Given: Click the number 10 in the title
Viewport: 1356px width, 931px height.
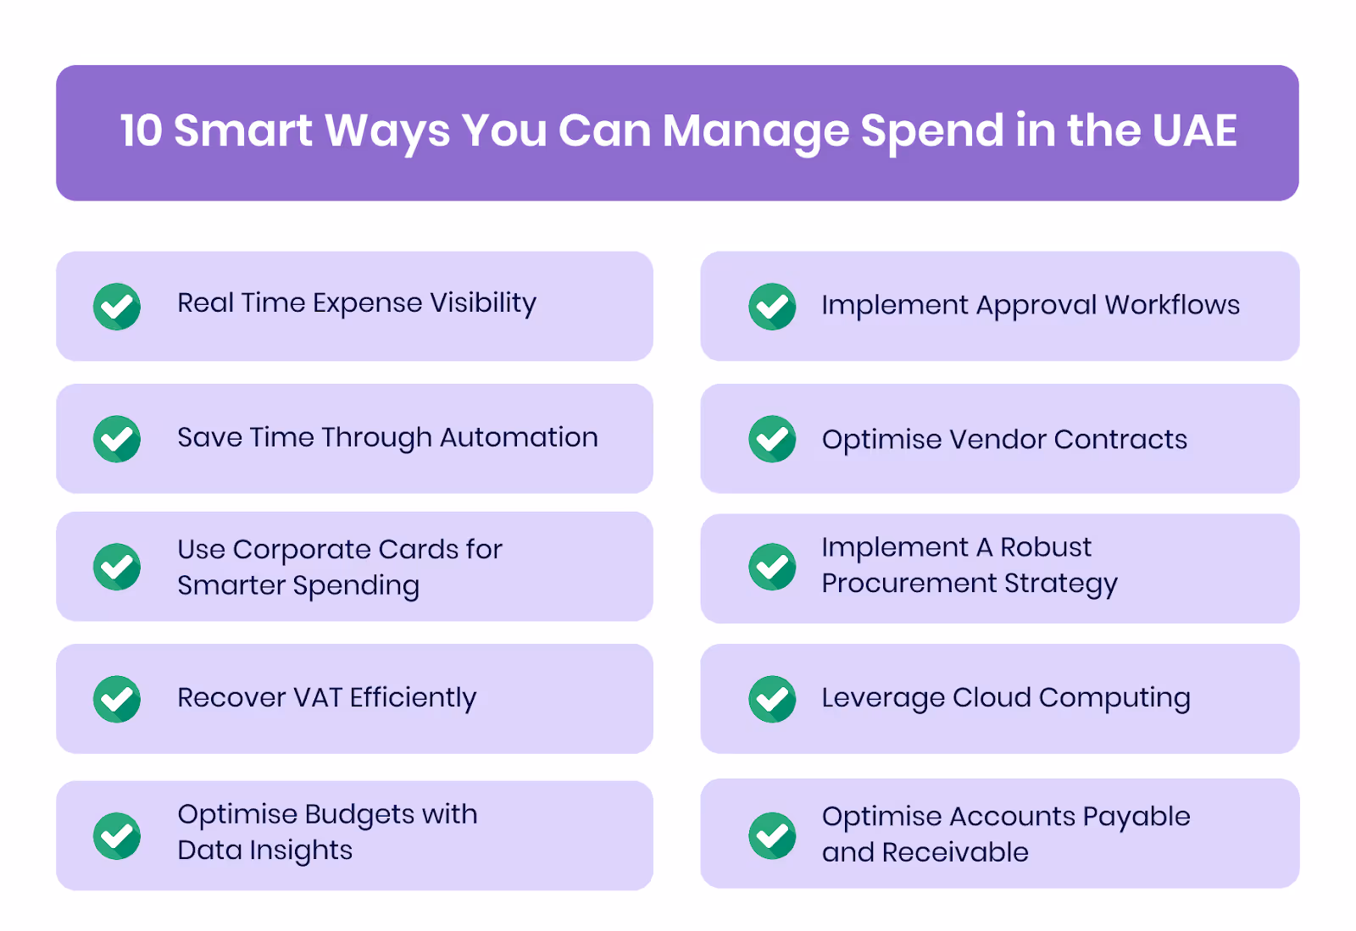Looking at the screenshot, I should click(x=141, y=131).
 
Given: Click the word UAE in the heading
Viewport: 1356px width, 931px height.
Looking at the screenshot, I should click(x=1194, y=131).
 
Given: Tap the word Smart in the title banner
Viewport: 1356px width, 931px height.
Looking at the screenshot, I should click(x=243, y=131).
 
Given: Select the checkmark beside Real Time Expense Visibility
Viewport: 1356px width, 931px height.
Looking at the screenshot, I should click(x=117, y=306).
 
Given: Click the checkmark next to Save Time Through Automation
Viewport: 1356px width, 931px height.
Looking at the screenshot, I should click(x=117, y=439).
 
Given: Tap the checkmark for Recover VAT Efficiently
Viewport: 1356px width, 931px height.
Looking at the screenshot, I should click(x=117, y=699).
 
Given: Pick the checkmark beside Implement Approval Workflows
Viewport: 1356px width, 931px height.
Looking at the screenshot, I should click(x=772, y=306).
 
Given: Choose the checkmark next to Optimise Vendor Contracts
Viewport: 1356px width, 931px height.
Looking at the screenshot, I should click(x=772, y=439).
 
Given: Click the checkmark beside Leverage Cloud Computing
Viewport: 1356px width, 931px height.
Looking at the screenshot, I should click(x=772, y=699).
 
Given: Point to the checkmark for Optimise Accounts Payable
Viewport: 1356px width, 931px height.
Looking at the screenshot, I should click(x=772, y=835).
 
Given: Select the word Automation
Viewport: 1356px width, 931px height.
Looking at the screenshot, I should click(x=519, y=437).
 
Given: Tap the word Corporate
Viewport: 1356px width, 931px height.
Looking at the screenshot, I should click(x=303, y=550).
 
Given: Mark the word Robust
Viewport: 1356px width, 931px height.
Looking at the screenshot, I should click(x=1046, y=547).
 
